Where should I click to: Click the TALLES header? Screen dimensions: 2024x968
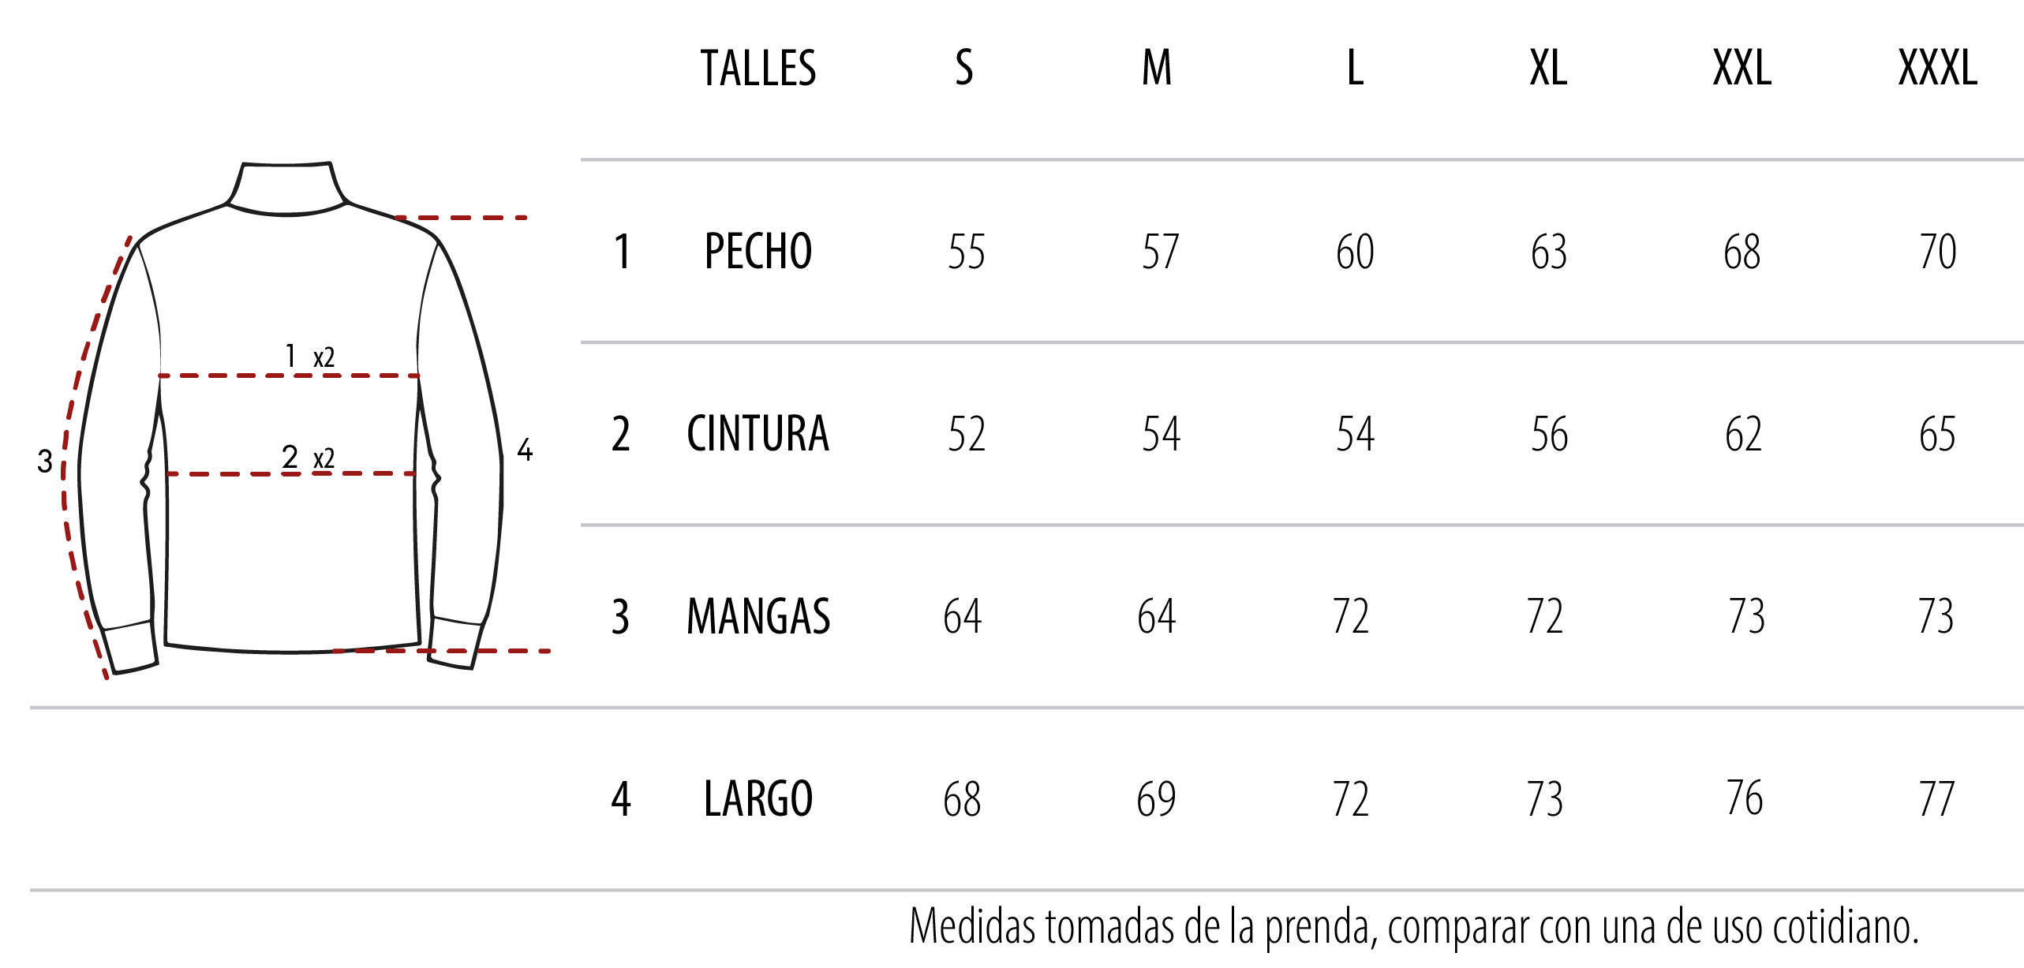pos(758,68)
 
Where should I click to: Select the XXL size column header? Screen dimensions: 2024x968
pos(1742,68)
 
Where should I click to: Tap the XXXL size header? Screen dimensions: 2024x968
pos(1938,68)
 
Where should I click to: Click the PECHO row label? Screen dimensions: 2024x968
pos(758,252)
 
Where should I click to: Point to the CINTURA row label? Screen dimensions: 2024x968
pos(758,434)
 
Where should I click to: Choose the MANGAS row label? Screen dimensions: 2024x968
pos(758,616)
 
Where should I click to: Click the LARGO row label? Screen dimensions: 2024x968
pos(758,798)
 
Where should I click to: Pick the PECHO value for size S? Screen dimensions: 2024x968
pos(967,252)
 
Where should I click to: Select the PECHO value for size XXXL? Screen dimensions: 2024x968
pos(1938,252)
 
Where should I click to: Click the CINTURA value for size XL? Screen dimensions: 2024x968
pos(1550,435)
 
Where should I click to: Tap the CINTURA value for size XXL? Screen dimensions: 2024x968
pos(1744,435)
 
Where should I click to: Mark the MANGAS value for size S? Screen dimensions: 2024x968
pos(963,617)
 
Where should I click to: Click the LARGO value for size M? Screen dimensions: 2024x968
pos(1157,799)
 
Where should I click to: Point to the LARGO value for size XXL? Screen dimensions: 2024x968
pos(1745,798)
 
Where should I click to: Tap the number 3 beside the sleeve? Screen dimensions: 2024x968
pos(45,462)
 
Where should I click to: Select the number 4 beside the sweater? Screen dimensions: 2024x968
pos(525,450)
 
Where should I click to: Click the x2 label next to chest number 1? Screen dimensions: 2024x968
pos(324,357)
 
